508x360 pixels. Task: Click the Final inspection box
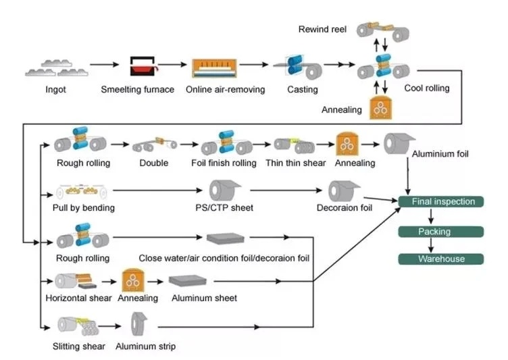[x=440, y=201]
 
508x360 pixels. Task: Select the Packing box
[x=440, y=232]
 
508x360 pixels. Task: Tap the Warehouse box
[x=440, y=259]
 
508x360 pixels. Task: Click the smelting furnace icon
[x=143, y=66]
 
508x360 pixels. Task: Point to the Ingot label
[x=55, y=89]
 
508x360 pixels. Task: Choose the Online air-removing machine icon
[x=214, y=68]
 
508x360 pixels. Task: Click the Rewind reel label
[x=322, y=30]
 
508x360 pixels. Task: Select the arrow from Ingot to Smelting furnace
[x=104, y=65]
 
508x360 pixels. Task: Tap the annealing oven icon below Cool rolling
[x=381, y=107]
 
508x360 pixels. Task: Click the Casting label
[x=302, y=89]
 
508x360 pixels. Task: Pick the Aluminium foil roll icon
[x=399, y=143]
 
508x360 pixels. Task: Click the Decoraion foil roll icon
[x=344, y=190]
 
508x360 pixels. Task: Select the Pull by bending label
[x=84, y=208]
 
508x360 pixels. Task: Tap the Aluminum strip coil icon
[x=138, y=324]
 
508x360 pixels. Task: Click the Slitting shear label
[x=79, y=346]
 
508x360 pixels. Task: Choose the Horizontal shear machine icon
[x=76, y=281]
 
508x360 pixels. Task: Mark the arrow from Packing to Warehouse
[x=431, y=245]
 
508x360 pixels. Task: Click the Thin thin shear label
[x=295, y=163]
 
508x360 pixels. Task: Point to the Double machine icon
[x=155, y=144]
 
